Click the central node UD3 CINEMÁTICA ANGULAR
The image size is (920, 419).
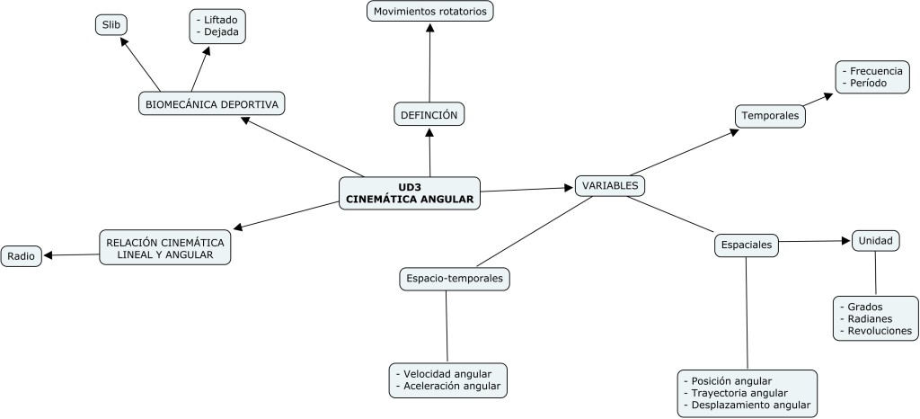409,193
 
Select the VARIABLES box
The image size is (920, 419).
610,185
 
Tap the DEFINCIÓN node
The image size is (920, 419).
429,114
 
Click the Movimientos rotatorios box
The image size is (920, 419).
430,12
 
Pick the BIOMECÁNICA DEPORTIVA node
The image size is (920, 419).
211,104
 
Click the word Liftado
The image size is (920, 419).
221,17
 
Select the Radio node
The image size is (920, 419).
21,256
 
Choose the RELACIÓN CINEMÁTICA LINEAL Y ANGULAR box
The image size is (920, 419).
164,247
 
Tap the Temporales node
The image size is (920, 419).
769,116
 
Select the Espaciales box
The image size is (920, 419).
746,244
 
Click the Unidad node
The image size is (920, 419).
875,240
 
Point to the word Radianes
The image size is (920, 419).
876,318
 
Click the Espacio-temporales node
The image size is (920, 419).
455,280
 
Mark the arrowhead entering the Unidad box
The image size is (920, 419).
845,240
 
